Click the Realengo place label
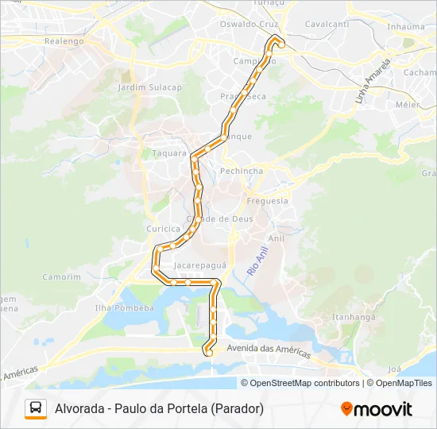point(64,41)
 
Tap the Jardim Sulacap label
point(150,87)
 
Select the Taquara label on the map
point(168,153)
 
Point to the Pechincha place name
point(242,171)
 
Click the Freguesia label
point(268,201)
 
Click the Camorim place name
point(62,277)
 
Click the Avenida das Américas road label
point(269,350)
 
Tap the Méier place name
point(408,104)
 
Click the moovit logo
point(377,409)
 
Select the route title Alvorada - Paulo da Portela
point(159,408)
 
